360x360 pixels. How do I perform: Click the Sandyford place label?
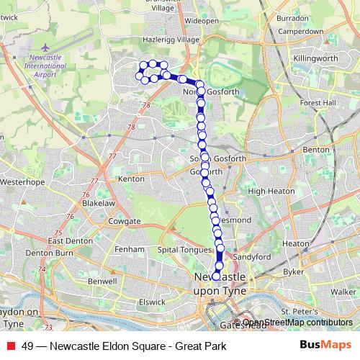[251, 256]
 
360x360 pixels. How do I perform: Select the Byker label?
[293, 272]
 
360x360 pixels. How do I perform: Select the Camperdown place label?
[300, 32]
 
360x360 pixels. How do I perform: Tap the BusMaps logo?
[321, 346]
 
